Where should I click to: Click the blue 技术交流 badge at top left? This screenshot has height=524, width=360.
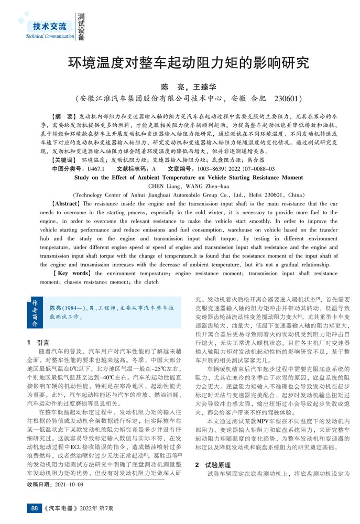point(50,26)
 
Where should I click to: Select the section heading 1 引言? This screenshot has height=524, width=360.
point(38,341)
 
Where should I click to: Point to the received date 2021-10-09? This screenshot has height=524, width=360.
point(69,485)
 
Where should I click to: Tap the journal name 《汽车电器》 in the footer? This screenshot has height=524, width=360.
point(61,508)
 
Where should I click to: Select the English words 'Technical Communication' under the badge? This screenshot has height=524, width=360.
point(50,36)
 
